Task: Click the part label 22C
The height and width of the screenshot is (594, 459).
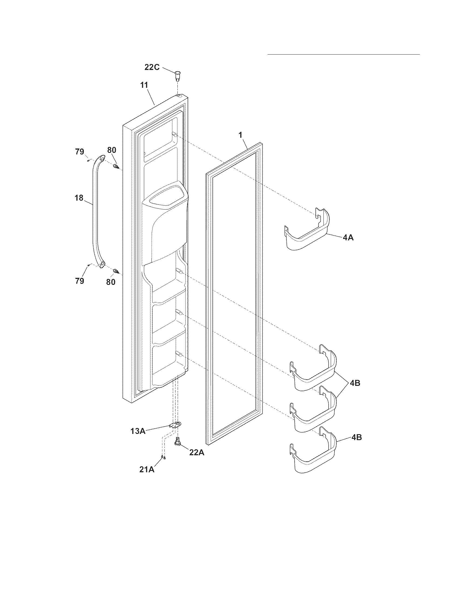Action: [x=152, y=67]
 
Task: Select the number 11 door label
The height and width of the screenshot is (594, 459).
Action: [x=144, y=85]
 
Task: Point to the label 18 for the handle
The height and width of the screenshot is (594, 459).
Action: [x=79, y=198]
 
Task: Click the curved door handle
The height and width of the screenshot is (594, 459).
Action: [x=97, y=212]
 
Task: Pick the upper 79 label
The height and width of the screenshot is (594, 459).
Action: [x=80, y=152]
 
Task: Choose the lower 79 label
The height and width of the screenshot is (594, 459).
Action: [x=80, y=281]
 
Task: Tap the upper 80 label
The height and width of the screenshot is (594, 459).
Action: [x=112, y=150]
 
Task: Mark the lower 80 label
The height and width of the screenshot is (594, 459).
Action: [x=111, y=282]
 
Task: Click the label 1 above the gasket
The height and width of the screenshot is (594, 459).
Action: [x=240, y=135]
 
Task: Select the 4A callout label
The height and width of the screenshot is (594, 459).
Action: [x=348, y=238]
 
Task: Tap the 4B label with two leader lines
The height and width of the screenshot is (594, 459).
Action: [x=355, y=383]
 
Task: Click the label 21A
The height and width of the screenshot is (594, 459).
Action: [x=147, y=469]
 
